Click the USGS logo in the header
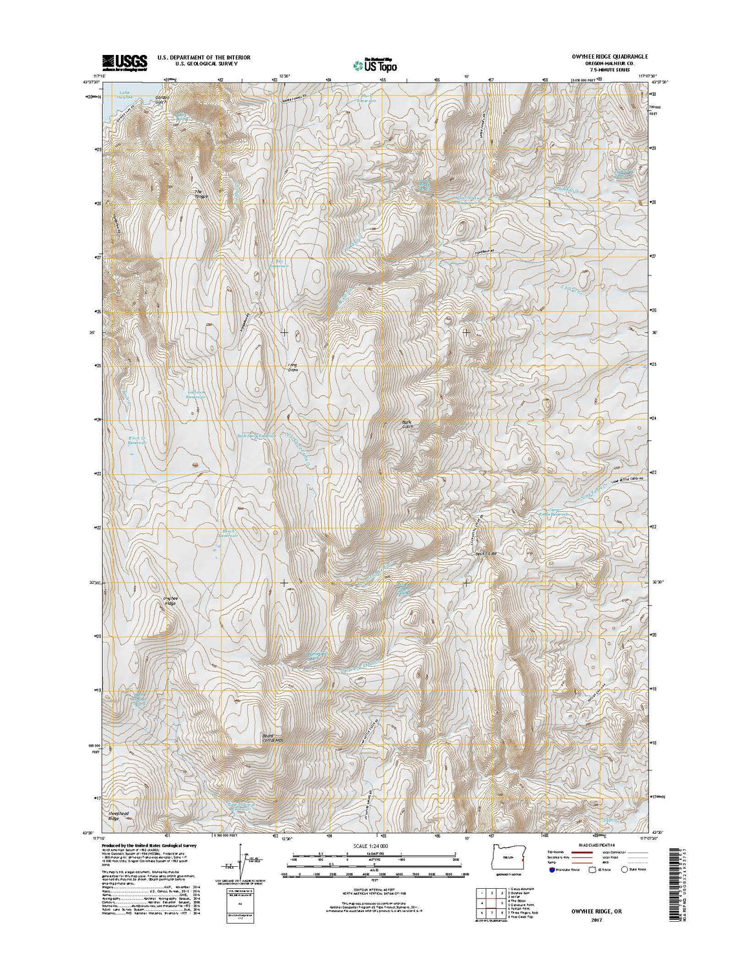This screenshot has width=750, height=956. coord(125,61)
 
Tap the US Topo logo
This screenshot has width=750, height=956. coord(375,64)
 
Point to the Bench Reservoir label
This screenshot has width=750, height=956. coord(229,533)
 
